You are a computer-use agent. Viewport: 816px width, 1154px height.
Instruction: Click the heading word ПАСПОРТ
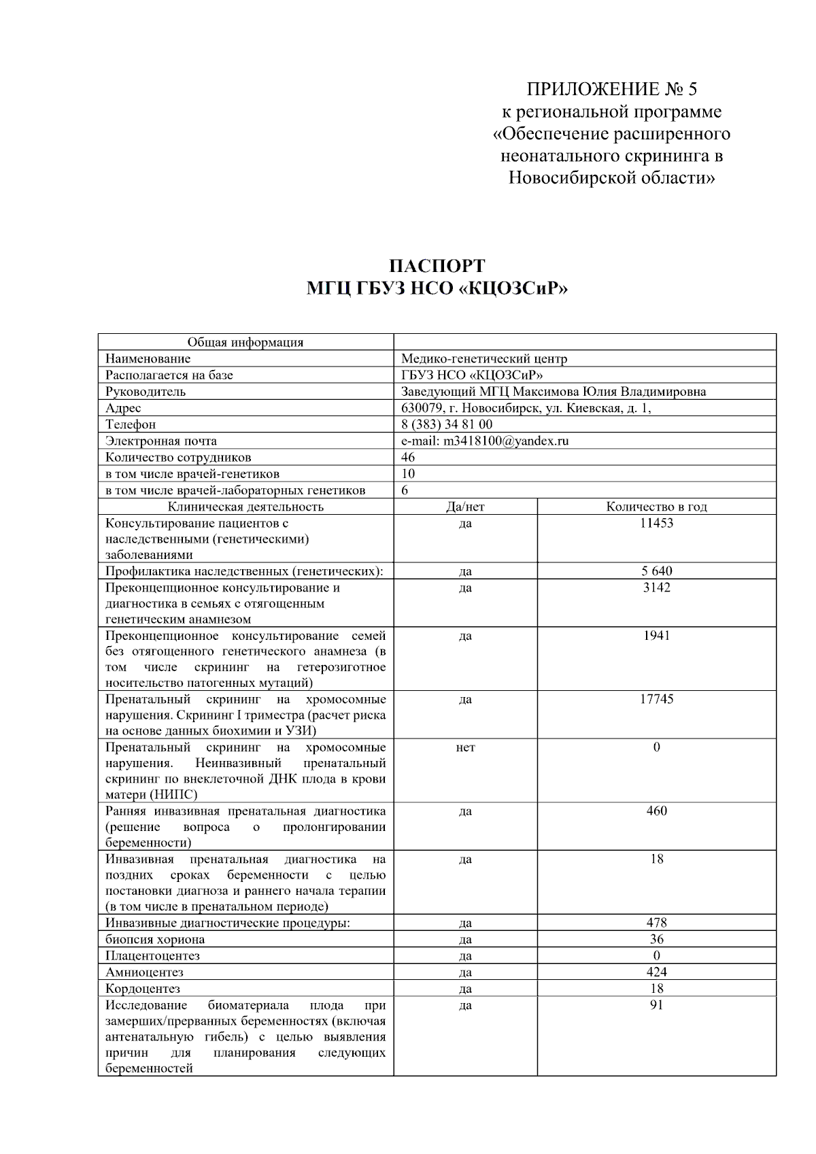tap(437, 266)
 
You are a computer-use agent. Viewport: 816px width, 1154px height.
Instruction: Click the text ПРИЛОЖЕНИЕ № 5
tap(611, 89)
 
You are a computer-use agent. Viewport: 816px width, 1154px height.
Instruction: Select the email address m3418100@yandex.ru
tap(506, 441)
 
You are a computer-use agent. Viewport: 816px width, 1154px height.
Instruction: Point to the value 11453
tap(656, 523)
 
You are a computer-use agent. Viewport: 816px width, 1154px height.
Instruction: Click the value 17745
tap(656, 699)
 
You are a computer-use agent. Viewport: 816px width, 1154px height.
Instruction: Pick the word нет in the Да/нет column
tap(465, 747)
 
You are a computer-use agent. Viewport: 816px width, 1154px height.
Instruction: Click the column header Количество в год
tap(656, 507)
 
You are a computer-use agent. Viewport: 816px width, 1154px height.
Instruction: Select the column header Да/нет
tap(465, 507)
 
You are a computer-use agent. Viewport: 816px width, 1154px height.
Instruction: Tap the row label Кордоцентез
tap(143, 989)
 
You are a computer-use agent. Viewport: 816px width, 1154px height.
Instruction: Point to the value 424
tap(656, 972)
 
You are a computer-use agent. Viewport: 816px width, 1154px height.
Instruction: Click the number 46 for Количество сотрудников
tap(408, 457)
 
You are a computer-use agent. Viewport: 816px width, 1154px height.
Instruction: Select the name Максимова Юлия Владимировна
tap(609, 392)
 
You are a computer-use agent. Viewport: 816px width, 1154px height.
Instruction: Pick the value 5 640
tap(656, 571)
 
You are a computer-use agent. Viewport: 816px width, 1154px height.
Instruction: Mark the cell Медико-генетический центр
tap(484, 358)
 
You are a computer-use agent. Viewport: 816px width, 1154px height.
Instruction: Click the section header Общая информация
tap(245, 342)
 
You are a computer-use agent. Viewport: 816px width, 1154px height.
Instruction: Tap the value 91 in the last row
tap(656, 1005)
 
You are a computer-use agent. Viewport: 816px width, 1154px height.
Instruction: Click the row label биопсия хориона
tap(155, 940)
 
